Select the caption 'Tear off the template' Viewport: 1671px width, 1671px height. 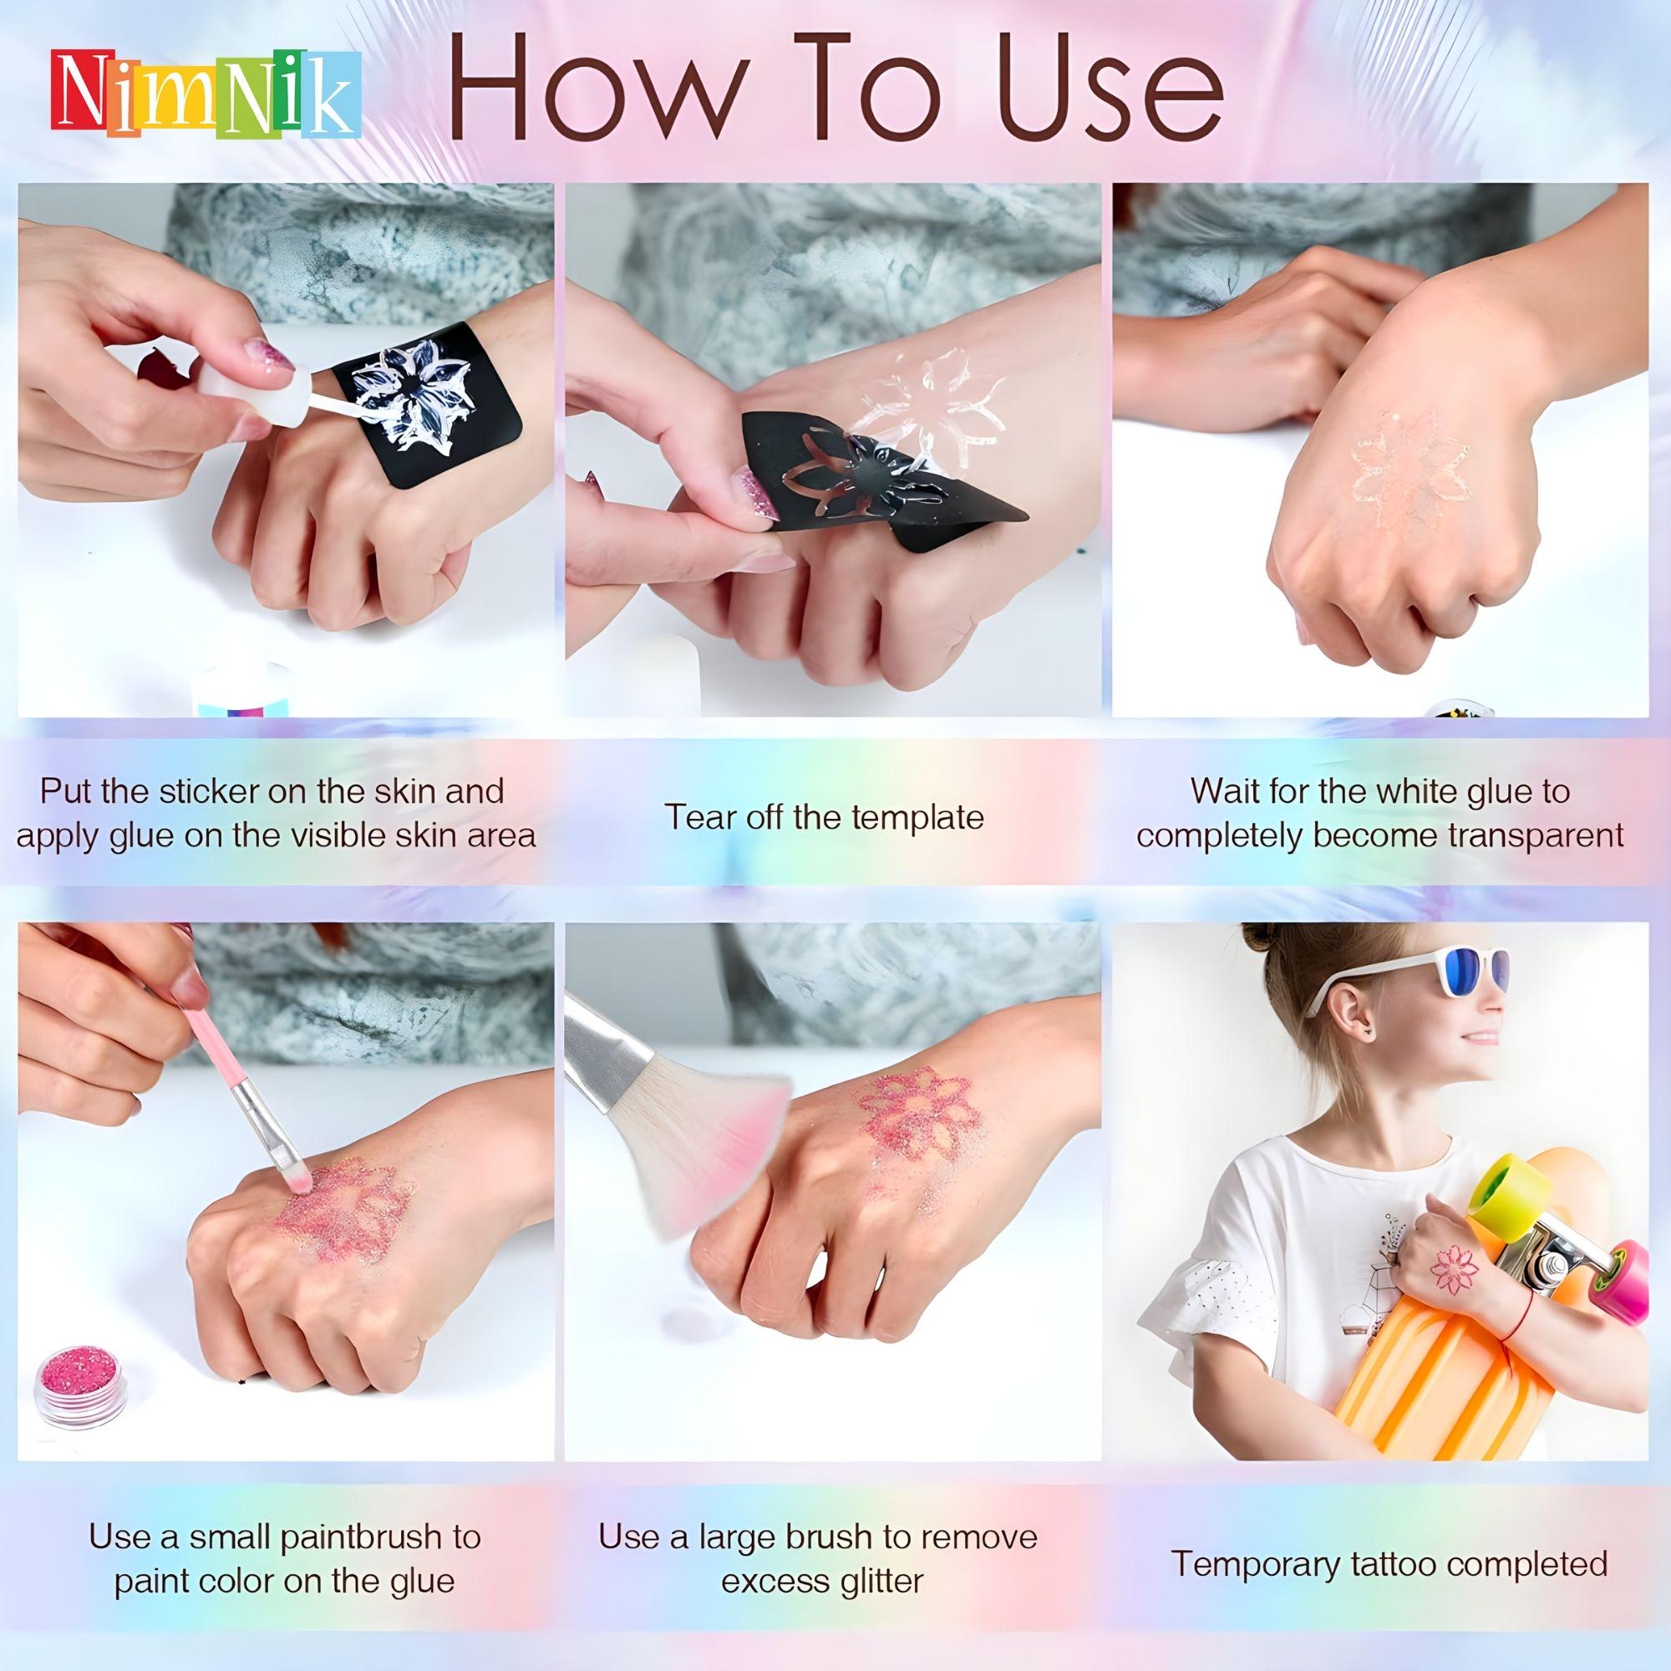click(x=824, y=816)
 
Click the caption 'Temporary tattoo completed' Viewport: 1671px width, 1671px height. click(x=1389, y=1540)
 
